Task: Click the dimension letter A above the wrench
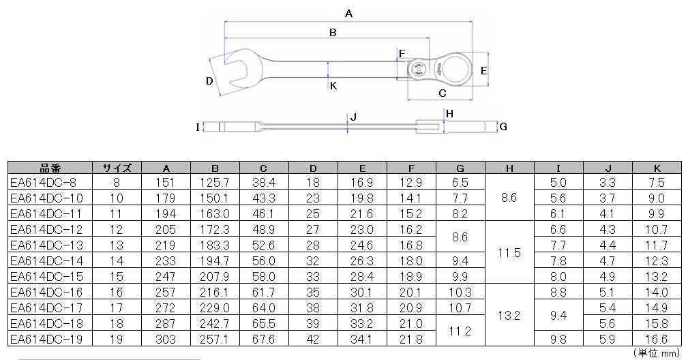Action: tap(348, 14)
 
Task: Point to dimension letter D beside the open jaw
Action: tap(209, 81)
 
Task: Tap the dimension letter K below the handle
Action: tap(333, 85)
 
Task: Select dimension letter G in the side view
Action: tap(503, 127)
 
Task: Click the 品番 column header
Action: tap(50, 168)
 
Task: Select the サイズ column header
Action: tap(117, 168)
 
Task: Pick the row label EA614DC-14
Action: tap(46, 261)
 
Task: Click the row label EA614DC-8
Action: tap(43, 183)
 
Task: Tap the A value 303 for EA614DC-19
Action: tap(166, 340)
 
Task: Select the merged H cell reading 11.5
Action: tap(509, 253)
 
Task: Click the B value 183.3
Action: tap(215, 245)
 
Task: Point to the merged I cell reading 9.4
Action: tap(558, 316)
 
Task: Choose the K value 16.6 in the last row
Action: tap(657, 340)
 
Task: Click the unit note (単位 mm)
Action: tap(657, 353)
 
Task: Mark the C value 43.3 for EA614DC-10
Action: tap(264, 198)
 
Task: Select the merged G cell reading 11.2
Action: tap(460, 331)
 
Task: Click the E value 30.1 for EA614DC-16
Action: tap(361, 292)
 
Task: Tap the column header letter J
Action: tap(608, 168)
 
